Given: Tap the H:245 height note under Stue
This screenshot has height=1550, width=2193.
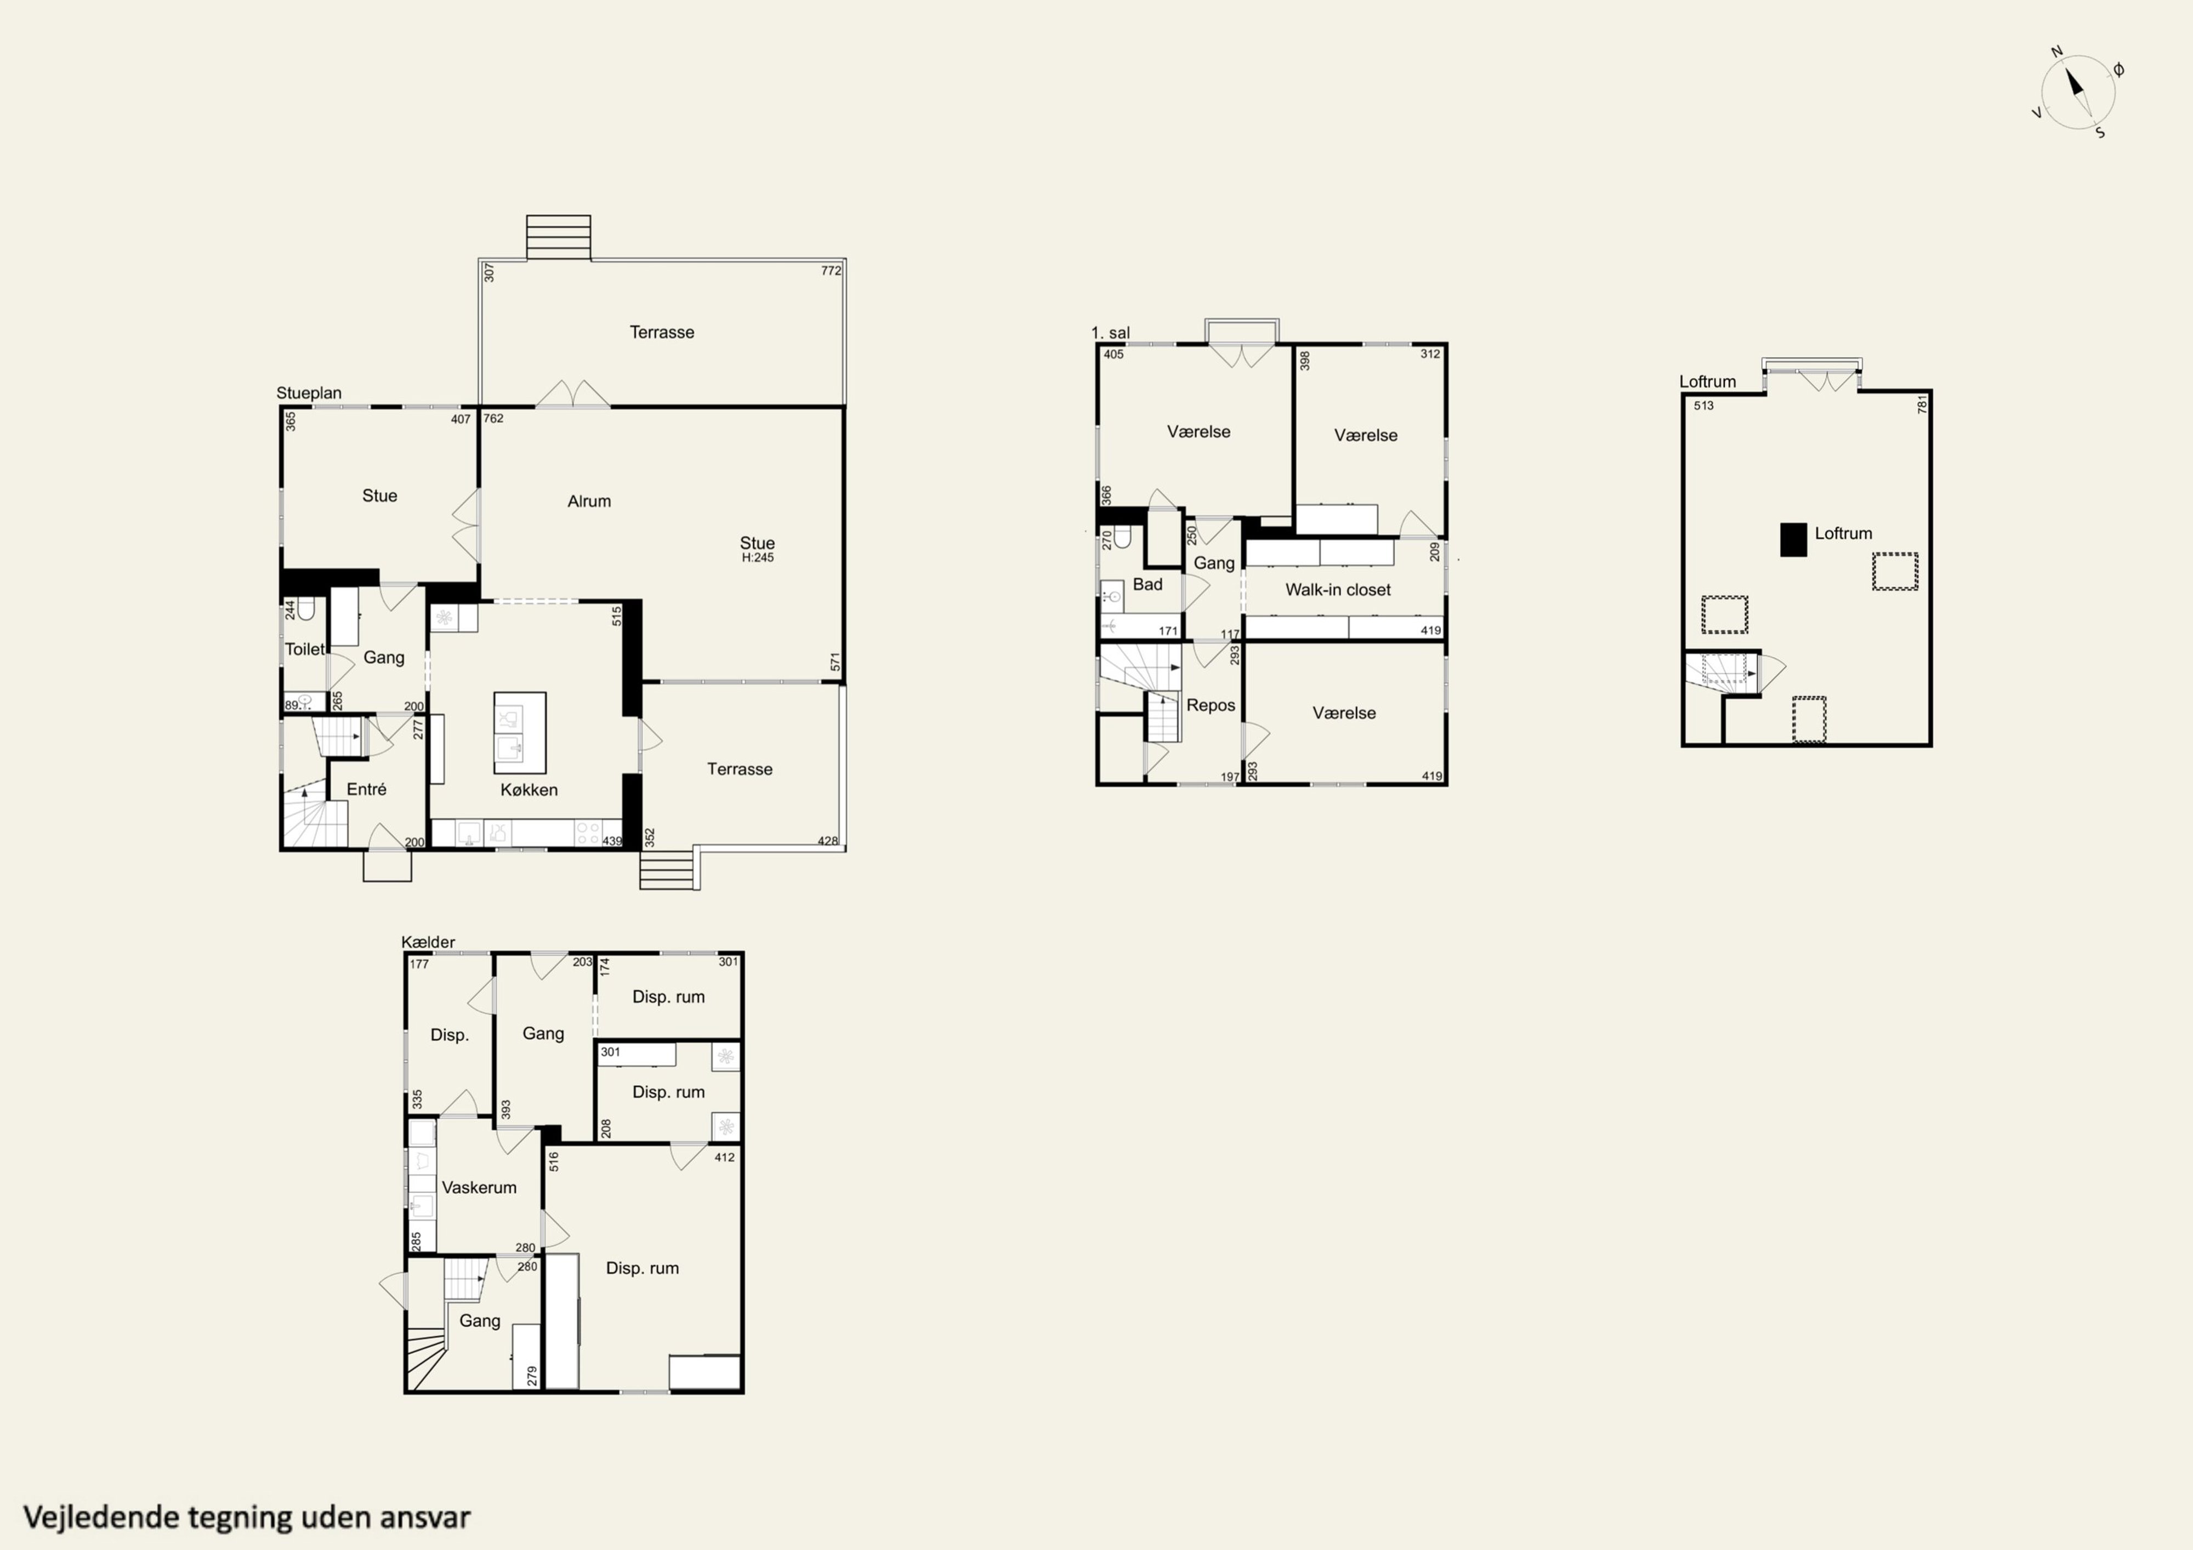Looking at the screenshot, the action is (x=758, y=558).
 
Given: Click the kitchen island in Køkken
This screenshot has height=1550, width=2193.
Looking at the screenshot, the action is (x=520, y=732).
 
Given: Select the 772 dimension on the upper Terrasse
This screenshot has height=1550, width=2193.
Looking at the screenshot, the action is (x=831, y=271).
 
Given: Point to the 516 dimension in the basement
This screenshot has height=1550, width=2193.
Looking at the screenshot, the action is (x=554, y=1161).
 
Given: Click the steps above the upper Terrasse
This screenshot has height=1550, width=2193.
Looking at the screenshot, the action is (x=559, y=237).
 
